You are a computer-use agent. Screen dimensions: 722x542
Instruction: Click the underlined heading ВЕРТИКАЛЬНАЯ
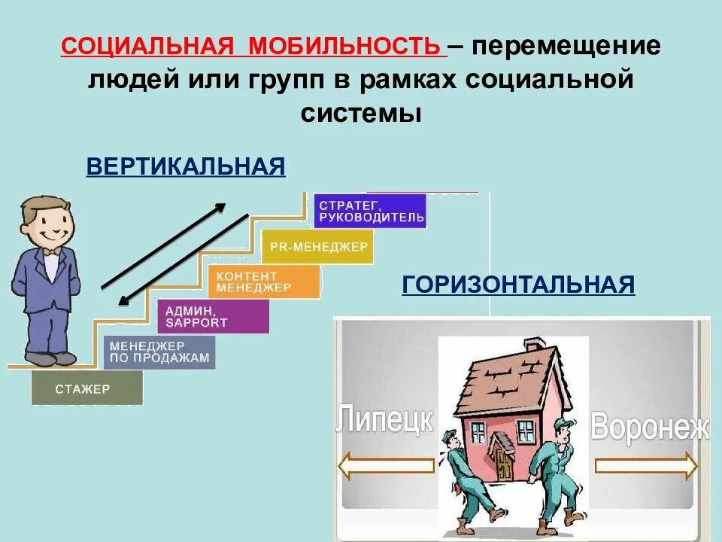[186, 166]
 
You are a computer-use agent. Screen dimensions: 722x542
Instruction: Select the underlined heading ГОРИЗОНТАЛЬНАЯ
[519, 285]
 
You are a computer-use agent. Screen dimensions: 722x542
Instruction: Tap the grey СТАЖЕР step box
[87, 388]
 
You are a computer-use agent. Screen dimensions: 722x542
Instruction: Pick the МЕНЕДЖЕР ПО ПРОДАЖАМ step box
[159, 352]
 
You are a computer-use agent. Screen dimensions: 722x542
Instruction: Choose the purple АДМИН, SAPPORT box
[213, 316]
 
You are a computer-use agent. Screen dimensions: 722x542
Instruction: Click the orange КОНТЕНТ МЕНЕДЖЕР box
[263, 282]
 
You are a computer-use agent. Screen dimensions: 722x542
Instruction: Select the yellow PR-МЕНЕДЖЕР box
[317, 246]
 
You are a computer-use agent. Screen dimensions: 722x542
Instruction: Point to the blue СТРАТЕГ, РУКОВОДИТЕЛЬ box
[370, 211]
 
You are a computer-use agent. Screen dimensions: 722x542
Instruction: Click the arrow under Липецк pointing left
[385, 466]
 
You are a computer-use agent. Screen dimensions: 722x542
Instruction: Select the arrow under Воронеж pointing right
[647, 467]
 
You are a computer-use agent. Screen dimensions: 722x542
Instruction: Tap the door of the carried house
[502, 456]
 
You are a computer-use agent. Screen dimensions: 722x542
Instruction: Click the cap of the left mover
[450, 435]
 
